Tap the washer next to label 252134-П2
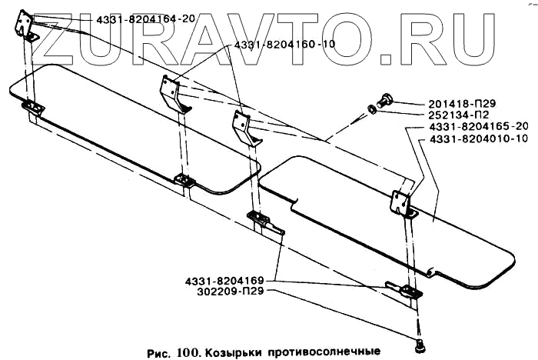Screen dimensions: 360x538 pos(370,108)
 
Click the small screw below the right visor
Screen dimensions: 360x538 pos(420,344)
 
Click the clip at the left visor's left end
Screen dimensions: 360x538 pos(34,108)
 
